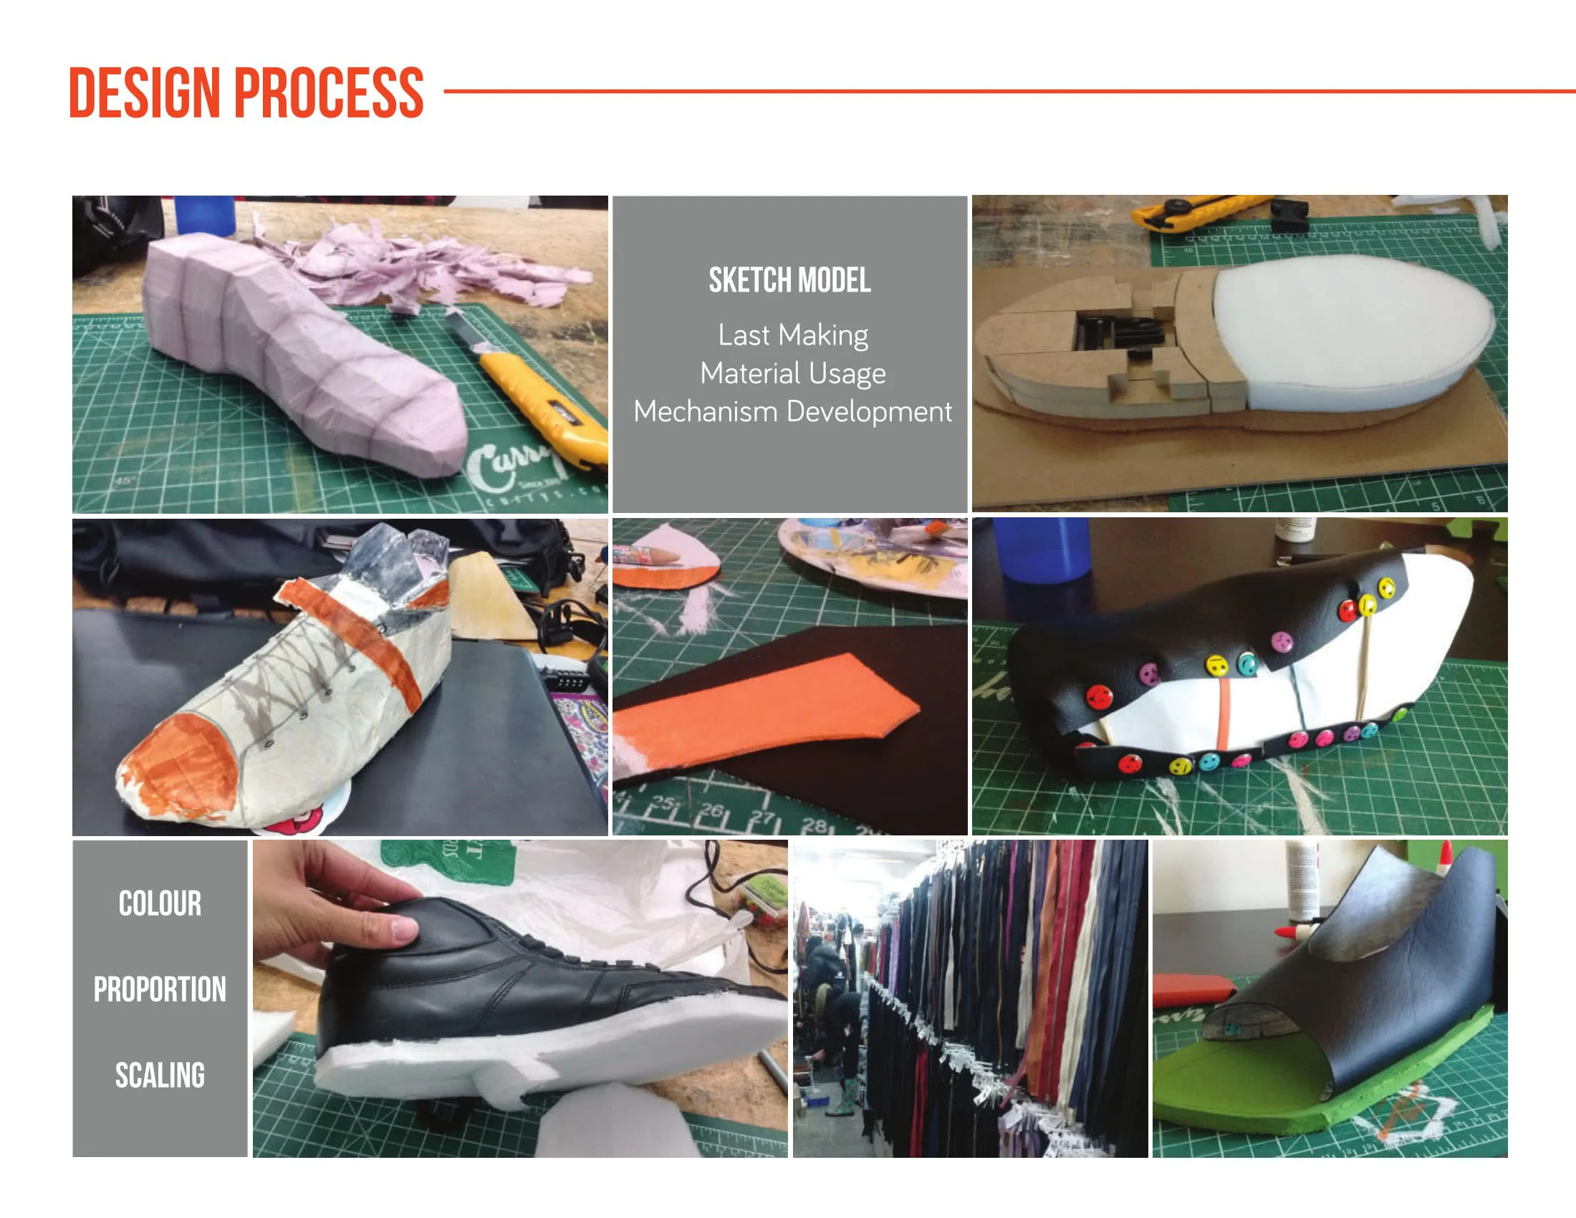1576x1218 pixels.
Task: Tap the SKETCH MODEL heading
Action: click(x=789, y=280)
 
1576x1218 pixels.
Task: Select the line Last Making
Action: click(x=792, y=335)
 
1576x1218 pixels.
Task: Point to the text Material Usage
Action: click(x=792, y=373)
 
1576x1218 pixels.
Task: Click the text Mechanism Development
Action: click(x=792, y=411)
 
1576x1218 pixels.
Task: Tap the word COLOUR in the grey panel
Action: click(x=160, y=903)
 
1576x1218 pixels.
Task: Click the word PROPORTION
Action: click(x=160, y=989)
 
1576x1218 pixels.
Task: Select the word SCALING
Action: click(x=160, y=1075)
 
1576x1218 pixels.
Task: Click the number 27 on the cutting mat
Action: click(x=761, y=817)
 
